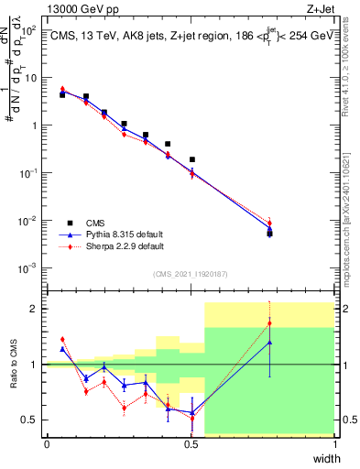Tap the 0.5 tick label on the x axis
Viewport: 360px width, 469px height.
point(191,445)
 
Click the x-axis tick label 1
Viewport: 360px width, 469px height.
point(334,445)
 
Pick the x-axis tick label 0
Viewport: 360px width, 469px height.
point(47,445)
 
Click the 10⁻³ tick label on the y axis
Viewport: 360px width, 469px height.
point(28,268)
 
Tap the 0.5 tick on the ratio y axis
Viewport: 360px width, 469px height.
point(31,420)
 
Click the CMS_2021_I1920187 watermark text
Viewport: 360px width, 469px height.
point(191,274)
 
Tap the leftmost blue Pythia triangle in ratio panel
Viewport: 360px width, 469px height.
point(62,349)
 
